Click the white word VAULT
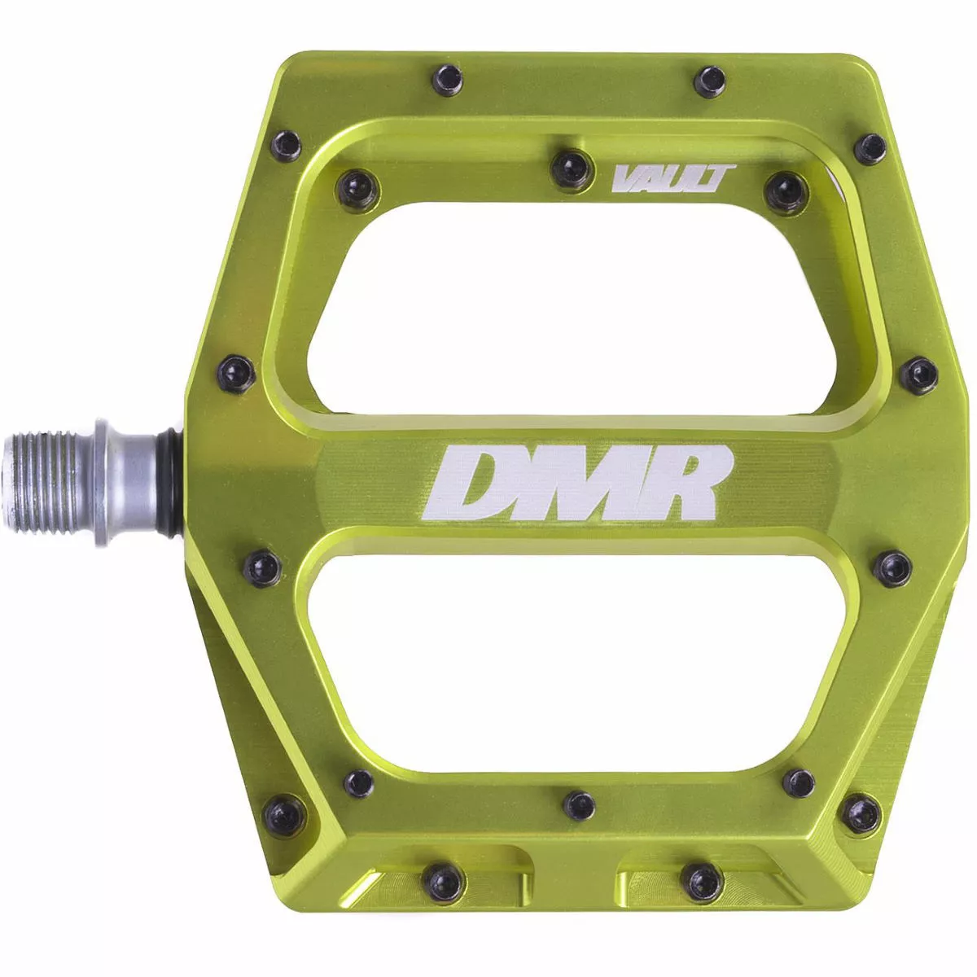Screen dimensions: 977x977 [x=673, y=180]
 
